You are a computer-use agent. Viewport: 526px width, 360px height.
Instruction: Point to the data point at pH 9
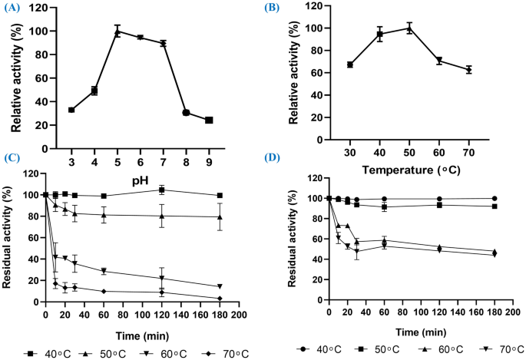pos(208,120)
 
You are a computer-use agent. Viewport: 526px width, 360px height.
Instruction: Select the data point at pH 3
pos(71,110)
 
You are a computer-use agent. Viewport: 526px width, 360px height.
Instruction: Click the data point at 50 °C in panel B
pos(409,28)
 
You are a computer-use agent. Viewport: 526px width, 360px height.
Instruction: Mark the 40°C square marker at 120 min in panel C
pos(162,190)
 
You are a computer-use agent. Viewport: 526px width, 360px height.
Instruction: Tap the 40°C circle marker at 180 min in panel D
pos(494,198)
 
